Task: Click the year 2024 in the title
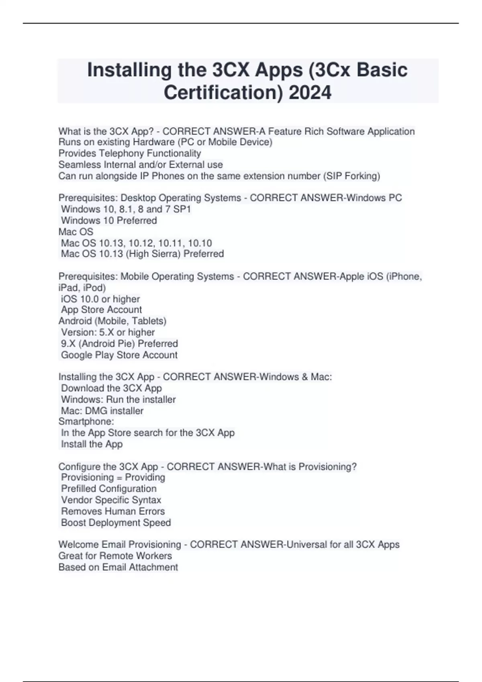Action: [x=310, y=92]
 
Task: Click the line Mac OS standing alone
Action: [x=76, y=231]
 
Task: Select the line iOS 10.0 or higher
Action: [x=100, y=299]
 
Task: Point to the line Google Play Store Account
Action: [x=119, y=355]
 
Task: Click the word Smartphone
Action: [x=86, y=421]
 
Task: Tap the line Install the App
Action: [x=92, y=444]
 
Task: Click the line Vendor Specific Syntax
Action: [x=111, y=500]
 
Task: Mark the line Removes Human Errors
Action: [x=113, y=511]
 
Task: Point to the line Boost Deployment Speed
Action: [x=116, y=522]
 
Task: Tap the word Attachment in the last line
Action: [x=153, y=567]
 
